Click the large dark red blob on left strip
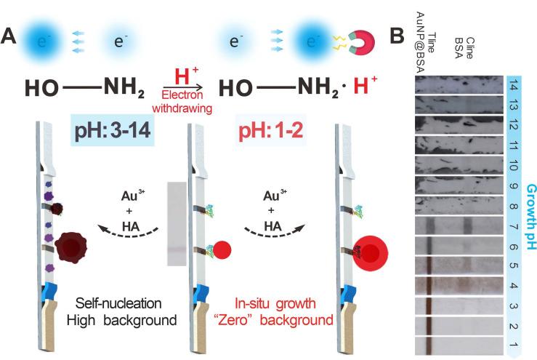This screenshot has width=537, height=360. (75, 252)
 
